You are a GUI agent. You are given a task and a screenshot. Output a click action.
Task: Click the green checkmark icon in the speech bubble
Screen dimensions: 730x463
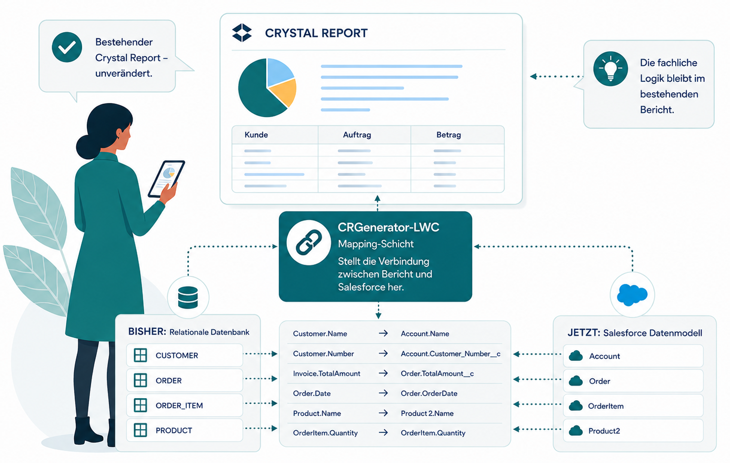pos(67,47)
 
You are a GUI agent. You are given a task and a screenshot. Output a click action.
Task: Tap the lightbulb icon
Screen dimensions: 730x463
pos(611,68)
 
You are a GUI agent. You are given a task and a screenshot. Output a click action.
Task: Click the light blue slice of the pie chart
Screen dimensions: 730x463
pos(279,72)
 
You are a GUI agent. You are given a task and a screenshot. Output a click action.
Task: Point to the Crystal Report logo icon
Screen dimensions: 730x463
pos(242,33)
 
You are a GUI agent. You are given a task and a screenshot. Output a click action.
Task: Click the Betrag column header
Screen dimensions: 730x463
pos(448,135)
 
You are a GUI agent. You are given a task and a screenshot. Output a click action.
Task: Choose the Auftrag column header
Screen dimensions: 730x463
pos(357,135)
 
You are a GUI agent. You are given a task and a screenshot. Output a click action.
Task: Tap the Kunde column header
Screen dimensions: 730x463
pos(256,135)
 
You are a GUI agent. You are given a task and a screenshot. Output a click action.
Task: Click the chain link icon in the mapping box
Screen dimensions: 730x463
pos(308,242)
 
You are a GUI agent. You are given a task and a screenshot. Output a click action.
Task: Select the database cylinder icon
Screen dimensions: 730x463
pos(188,298)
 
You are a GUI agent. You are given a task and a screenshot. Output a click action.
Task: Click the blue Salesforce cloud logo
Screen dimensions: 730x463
pos(632,295)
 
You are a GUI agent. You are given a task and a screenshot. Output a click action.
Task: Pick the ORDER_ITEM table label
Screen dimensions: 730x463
pos(179,405)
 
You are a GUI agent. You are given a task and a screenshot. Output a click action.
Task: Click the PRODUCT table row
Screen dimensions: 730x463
pos(184,430)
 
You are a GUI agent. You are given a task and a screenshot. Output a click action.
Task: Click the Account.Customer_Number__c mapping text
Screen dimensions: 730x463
pos(451,354)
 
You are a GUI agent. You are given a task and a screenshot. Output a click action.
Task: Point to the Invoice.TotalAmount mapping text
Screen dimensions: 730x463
pos(326,373)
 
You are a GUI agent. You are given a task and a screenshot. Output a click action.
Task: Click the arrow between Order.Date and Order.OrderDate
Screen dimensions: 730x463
pos(383,393)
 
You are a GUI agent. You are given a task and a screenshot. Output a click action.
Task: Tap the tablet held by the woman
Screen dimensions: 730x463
pos(166,179)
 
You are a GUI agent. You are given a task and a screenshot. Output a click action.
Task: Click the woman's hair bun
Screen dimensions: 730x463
pos(86,147)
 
